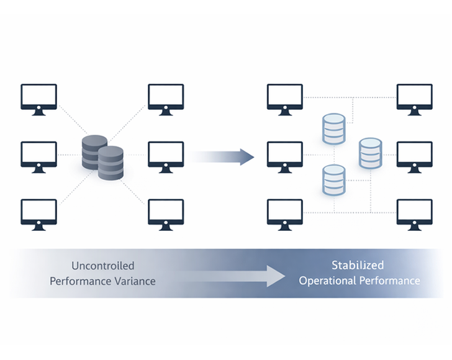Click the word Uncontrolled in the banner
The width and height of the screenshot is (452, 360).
tap(102, 266)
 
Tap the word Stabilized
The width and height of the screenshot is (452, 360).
tap(357, 266)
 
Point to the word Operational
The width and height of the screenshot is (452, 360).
tap(328, 281)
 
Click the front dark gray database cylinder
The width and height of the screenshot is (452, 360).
tap(111, 163)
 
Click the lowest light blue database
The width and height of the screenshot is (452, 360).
tap(333, 179)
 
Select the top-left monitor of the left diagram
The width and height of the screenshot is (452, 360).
tap(38, 98)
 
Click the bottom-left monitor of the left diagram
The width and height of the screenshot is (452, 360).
tap(38, 213)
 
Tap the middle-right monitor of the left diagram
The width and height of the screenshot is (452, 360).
tap(166, 155)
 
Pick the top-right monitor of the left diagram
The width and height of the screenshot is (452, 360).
tap(166, 98)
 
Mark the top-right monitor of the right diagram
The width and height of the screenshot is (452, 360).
tap(414, 98)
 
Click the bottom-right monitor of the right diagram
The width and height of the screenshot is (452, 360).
tap(414, 213)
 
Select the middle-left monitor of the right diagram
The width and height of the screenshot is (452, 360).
tap(285, 155)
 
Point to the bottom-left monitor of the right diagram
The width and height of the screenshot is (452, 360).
tap(285, 213)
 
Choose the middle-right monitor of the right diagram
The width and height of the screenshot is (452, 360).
tap(414, 155)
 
